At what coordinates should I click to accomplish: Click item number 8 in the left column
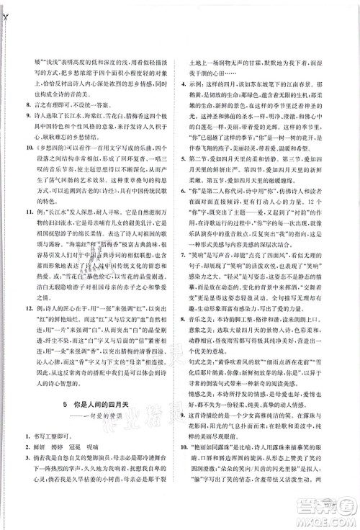pyautogui.click(x=22, y=104)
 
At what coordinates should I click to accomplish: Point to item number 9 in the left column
pyautogui.click(x=22, y=117)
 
